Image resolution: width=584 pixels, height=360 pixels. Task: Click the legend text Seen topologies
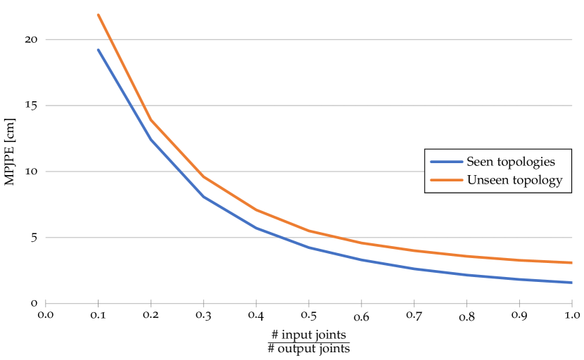pyautogui.click(x=511, y=162)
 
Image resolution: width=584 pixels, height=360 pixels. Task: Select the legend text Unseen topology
pyautogui.click(x=514, y=181)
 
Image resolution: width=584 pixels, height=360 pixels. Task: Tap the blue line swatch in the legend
pyautogui.click(x=446, y=162)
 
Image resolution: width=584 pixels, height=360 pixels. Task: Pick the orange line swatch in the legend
pyautogui.click(x=446, y=181)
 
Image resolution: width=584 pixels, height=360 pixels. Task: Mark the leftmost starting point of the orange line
pyautogui.click(x=99, y=14)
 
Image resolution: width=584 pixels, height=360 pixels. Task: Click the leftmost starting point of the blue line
pyautogui.click(x=99, y=50)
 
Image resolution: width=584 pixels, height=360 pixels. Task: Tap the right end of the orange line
pyautogui.click(x=572, y=262)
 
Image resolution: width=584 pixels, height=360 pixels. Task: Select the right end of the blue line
pyautogui.click(x=572, y=282)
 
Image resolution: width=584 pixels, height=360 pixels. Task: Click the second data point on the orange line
pyautogui.click(x=151, y=121)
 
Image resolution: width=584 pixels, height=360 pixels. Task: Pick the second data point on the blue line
pyautogui.click(x=151, y=141)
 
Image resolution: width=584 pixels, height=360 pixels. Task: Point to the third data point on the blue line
pyautogui.click(x=203, y=196)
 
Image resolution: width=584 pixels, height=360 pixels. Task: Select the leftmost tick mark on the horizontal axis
pyautogui.click(x=46, y=304)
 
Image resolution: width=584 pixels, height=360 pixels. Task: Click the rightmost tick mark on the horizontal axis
pyautogui.click(x=572, y=304)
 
